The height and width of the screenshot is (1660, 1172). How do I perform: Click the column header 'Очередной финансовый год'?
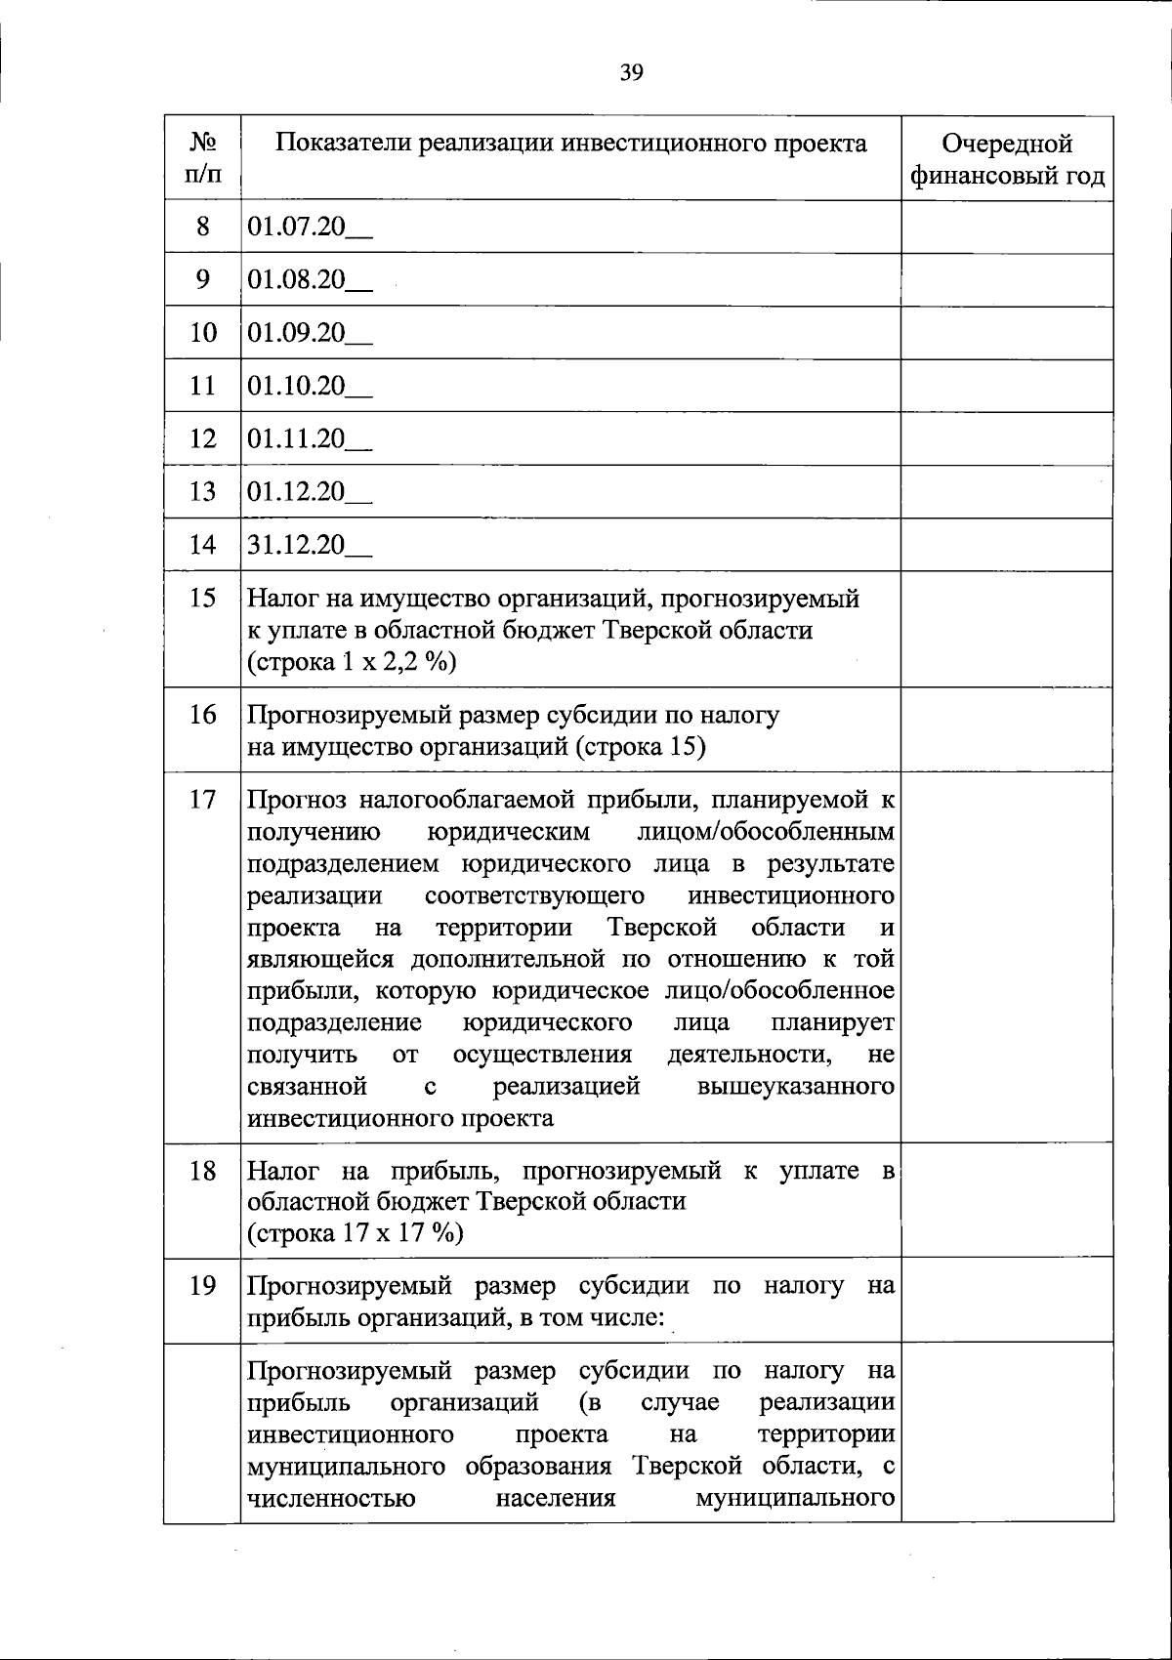[x=1007, y=159]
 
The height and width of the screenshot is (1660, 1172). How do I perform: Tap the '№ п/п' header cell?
[x=202, y=159]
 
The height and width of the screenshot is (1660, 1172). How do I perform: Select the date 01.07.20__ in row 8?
[x=310, y=228]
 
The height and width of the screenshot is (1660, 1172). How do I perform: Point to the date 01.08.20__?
[x=310, y=280]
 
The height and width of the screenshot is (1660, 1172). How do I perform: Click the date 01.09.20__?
[x=310, y=333]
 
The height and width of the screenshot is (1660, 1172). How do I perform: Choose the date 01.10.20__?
[x=310, y=386]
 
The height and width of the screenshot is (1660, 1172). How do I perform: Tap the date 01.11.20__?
[x=310, y=438]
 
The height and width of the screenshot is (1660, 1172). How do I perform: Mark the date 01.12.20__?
[x=310, y=491]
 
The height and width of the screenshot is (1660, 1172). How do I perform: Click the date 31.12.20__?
[x=310, y=544]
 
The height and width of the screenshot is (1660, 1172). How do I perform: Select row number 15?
[x=202, y=598]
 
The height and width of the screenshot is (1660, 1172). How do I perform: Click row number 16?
[x=202, y=715]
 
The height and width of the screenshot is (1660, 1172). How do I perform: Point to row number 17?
[x=202, y=800]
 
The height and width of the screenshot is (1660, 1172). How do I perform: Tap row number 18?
[x=202, y=1170]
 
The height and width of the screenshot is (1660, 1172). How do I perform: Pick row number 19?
[x=202, y=1286]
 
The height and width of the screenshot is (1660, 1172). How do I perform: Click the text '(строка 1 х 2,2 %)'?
[x=352, y=662]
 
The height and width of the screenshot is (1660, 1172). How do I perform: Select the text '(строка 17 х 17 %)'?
[x=356, y=1233]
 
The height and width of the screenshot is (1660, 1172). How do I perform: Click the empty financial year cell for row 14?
[x=1007, y=544]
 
